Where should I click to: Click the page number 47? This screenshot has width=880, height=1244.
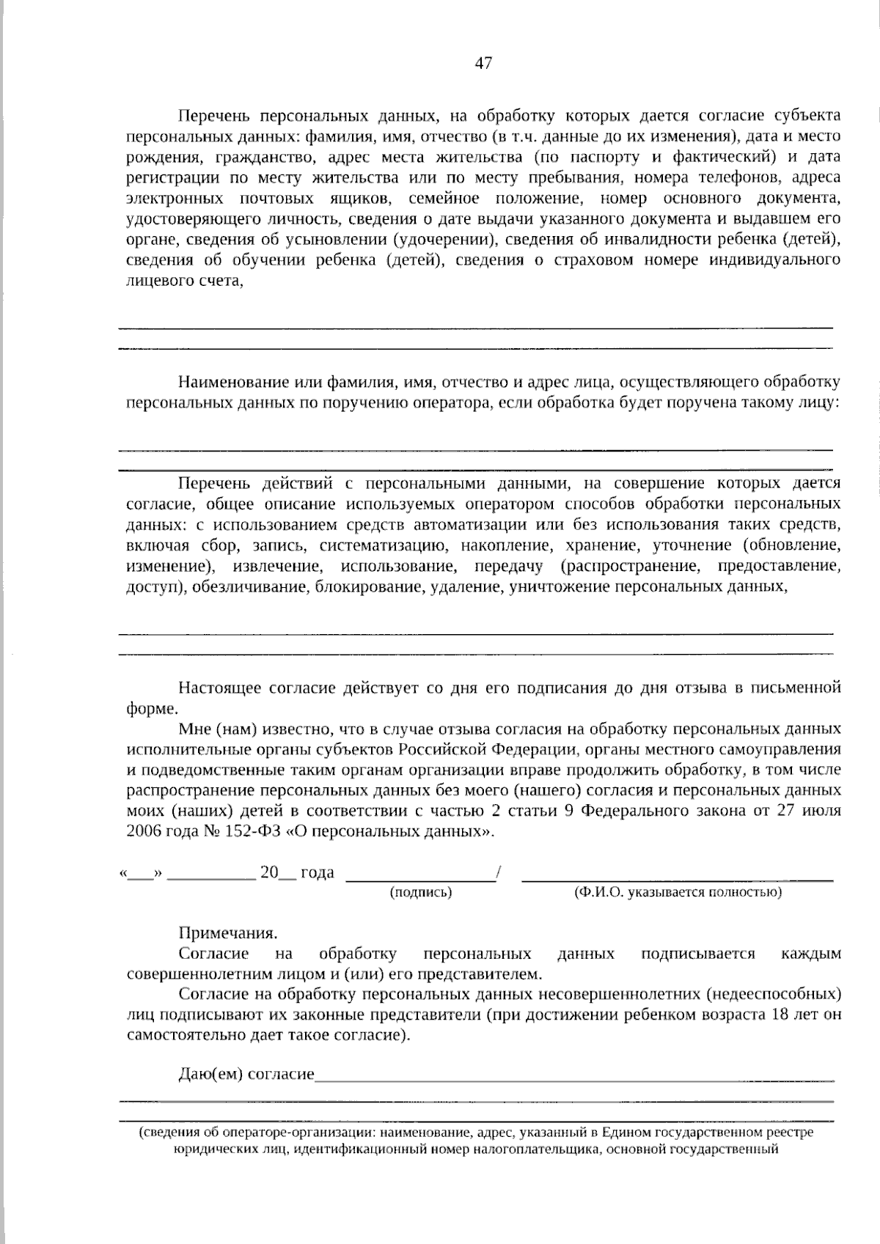[483, 63]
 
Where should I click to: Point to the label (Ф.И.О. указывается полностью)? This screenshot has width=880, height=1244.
[678, 892]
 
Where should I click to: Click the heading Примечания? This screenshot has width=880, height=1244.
[228, 933]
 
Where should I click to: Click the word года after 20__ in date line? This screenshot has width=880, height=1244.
[317, 872]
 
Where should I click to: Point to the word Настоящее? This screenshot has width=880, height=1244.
[220, 688]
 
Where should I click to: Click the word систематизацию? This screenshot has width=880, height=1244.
[382, 545]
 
